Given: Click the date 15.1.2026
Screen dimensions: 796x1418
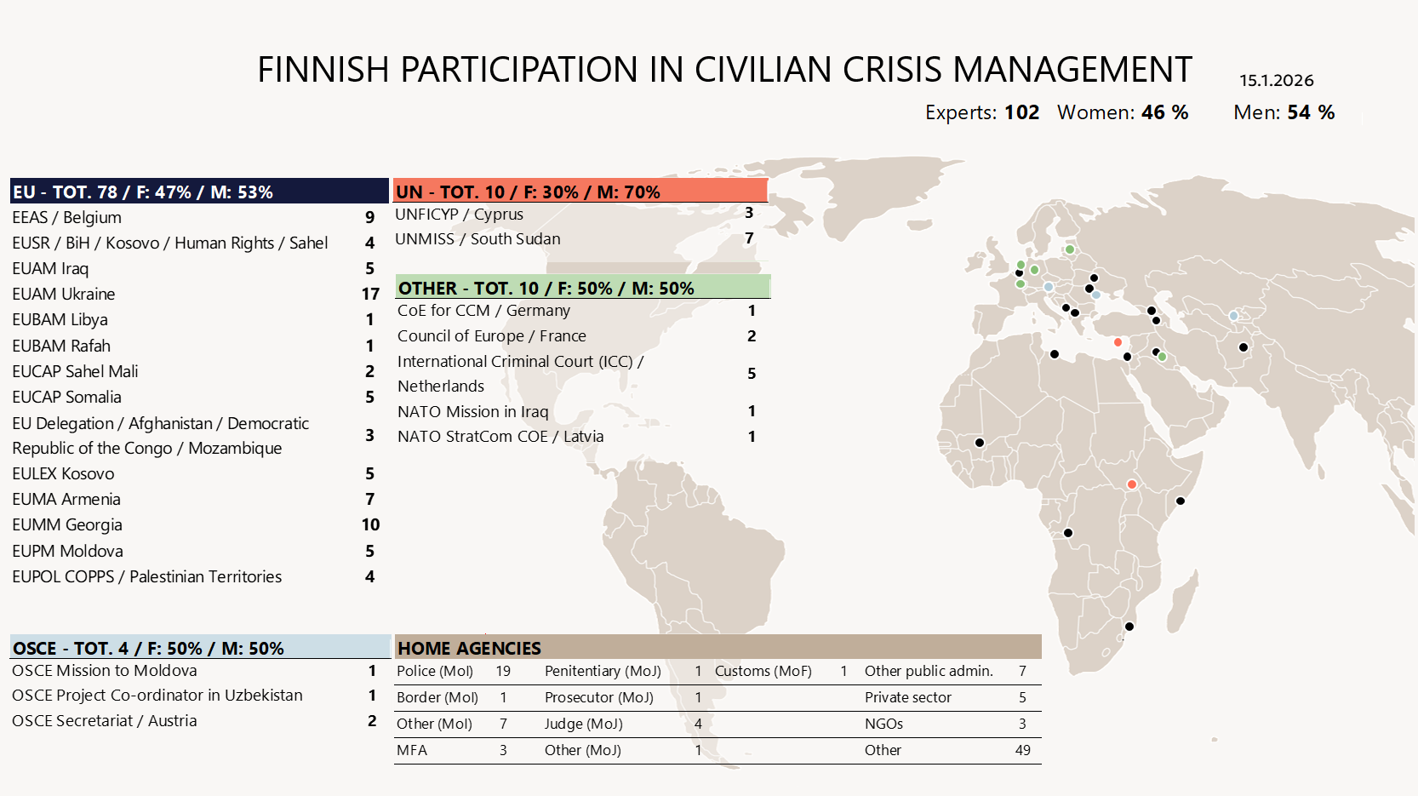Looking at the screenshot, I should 1276,81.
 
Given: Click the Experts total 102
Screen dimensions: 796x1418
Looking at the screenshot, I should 1021,112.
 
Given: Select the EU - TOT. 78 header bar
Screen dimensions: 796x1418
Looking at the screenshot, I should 199,192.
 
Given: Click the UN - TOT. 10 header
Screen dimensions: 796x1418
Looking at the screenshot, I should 580,192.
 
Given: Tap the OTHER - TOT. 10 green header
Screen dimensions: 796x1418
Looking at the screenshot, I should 583,288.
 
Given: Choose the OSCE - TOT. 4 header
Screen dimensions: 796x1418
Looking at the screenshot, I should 200,648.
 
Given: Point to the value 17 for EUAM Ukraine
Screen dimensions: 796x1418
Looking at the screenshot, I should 370,294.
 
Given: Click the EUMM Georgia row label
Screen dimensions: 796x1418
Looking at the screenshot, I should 67,524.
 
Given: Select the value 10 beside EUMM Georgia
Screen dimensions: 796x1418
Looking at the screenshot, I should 370,524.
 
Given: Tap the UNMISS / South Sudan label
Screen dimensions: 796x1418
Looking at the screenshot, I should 477,239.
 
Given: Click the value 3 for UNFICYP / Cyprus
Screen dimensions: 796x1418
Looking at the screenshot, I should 749,213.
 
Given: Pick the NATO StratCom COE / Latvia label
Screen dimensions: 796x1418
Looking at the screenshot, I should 500,437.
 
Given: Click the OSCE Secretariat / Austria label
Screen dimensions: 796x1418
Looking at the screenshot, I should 105,721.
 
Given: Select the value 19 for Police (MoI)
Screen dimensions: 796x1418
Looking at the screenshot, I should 503,671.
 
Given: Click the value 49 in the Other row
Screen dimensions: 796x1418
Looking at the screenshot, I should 1022,750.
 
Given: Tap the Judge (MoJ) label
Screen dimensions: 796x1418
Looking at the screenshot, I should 584,724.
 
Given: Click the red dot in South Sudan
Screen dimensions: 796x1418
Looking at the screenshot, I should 1132,484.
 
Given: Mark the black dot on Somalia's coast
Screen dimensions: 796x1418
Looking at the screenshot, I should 1181,501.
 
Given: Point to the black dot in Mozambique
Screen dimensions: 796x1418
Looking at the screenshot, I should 1129,627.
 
